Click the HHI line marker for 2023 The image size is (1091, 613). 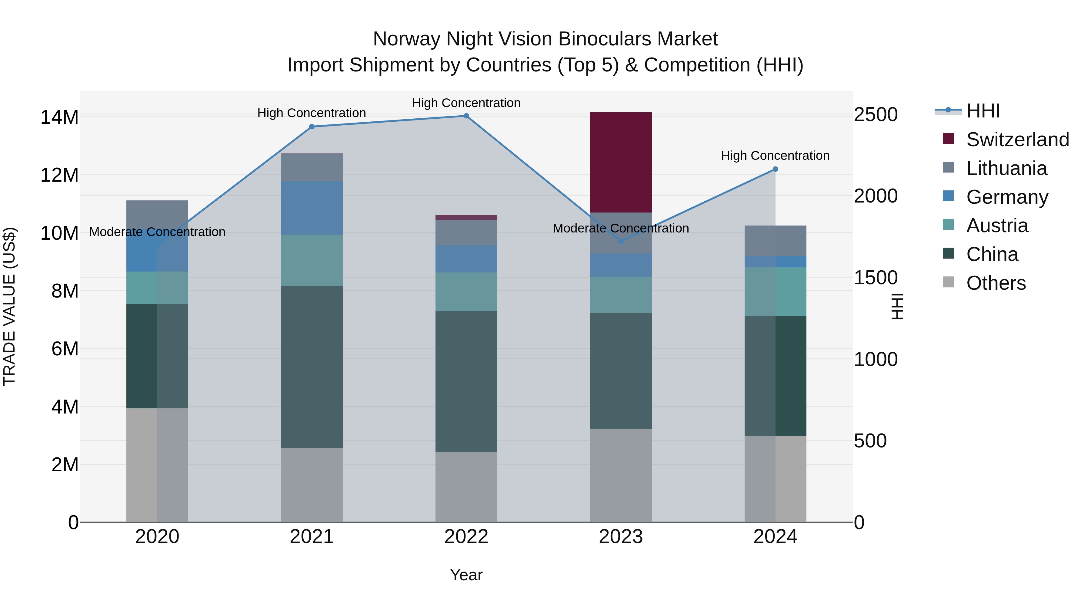(621, 242)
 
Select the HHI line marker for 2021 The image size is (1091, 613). (312, 127)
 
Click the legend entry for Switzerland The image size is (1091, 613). (1017, 140)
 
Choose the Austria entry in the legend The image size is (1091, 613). (997, 226)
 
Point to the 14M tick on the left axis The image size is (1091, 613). (59, 117)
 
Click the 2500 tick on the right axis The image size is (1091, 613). (876, 115)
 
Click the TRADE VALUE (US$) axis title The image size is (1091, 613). (10, 306)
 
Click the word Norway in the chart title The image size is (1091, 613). (407, 39)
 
